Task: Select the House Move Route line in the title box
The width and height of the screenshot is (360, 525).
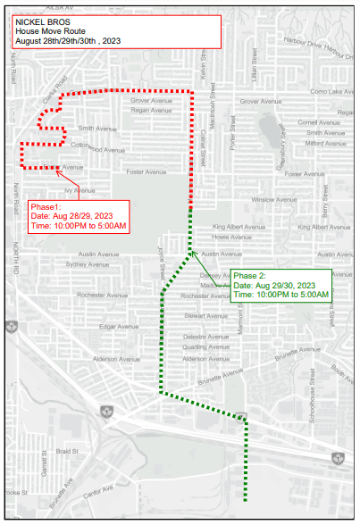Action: point(46,30)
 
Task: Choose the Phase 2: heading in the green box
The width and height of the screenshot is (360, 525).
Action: point(252,275)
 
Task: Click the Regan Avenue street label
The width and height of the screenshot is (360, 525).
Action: point(150,112)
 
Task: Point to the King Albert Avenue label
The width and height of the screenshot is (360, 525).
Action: point(239,227)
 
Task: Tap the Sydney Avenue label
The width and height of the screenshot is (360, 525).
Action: point(88,264)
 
